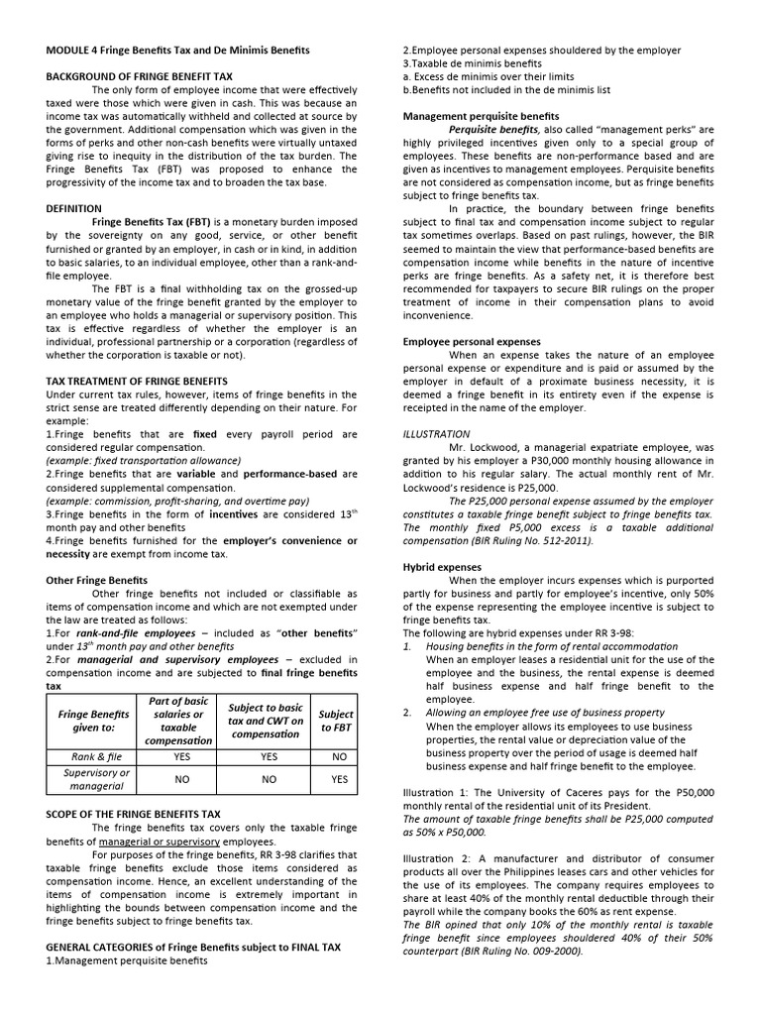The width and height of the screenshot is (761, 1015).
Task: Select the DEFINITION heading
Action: [x=74, y=209]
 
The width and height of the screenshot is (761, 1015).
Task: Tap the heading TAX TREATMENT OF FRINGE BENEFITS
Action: [x=137, y=381]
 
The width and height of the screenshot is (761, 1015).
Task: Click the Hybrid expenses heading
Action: [x=442, y=567]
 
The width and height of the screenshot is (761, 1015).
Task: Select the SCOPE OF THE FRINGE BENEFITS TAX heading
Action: [x=134, y=813]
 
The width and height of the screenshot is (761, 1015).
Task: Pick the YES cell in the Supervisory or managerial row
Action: [x=340, y=779]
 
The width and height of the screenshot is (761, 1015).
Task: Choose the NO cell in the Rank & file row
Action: [x=340, y=755]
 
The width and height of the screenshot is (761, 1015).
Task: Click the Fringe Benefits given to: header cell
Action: [x=93, y=720]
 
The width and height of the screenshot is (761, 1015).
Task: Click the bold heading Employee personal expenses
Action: [x=472, y=341]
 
